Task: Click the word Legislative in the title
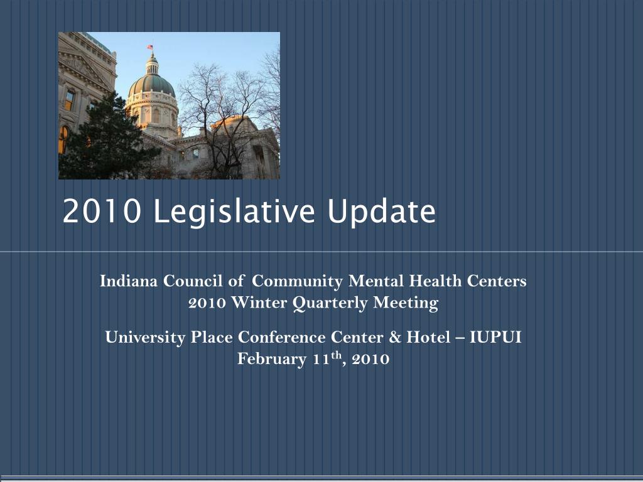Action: click(234, 212)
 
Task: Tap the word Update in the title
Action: click(382, 212)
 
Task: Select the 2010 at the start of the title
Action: click(102, 211)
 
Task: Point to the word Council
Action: click(193, 281)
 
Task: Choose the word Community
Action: click(297, 282)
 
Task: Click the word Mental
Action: click(377, 281)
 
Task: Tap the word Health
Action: click(436, 281)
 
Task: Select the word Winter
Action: click(259, 303)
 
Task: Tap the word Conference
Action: click(282, 337)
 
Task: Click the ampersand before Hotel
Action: click(395, 337)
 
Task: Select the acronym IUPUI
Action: click(495, 337)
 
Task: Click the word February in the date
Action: click(272, 360)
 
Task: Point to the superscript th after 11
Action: click(337, 355)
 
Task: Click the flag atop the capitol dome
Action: click(150, 47)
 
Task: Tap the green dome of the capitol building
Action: click(152, 85)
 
